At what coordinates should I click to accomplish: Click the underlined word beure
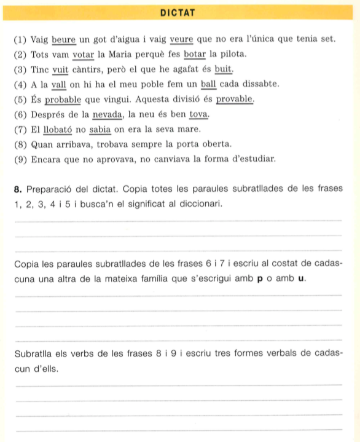click(63, 39)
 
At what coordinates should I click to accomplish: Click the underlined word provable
click(233, 100)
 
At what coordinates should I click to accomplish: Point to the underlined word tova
click(199, 114)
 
